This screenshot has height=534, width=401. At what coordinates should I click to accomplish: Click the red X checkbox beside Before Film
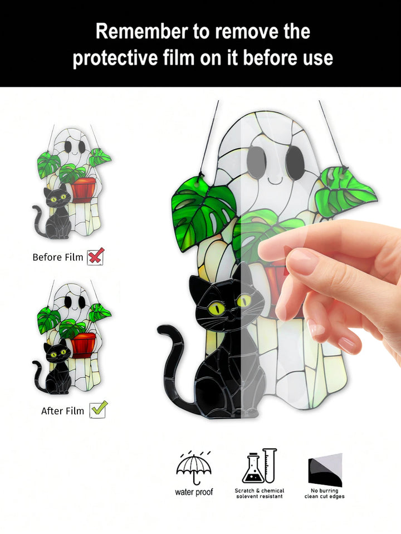[96, 256]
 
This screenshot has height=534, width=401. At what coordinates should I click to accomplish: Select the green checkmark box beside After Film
[99, 410]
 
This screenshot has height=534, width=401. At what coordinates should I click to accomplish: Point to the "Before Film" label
[57, 257]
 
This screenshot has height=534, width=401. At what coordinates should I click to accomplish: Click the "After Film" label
[62, 411]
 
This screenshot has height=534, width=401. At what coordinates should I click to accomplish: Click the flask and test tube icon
[259, 466]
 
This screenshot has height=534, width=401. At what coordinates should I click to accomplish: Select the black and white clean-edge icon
[325, 469]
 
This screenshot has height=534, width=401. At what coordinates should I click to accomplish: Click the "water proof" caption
[193, 492]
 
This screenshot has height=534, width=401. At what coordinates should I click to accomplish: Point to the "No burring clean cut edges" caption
[324, 493]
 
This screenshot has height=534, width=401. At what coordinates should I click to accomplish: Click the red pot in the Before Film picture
[84, 190]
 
